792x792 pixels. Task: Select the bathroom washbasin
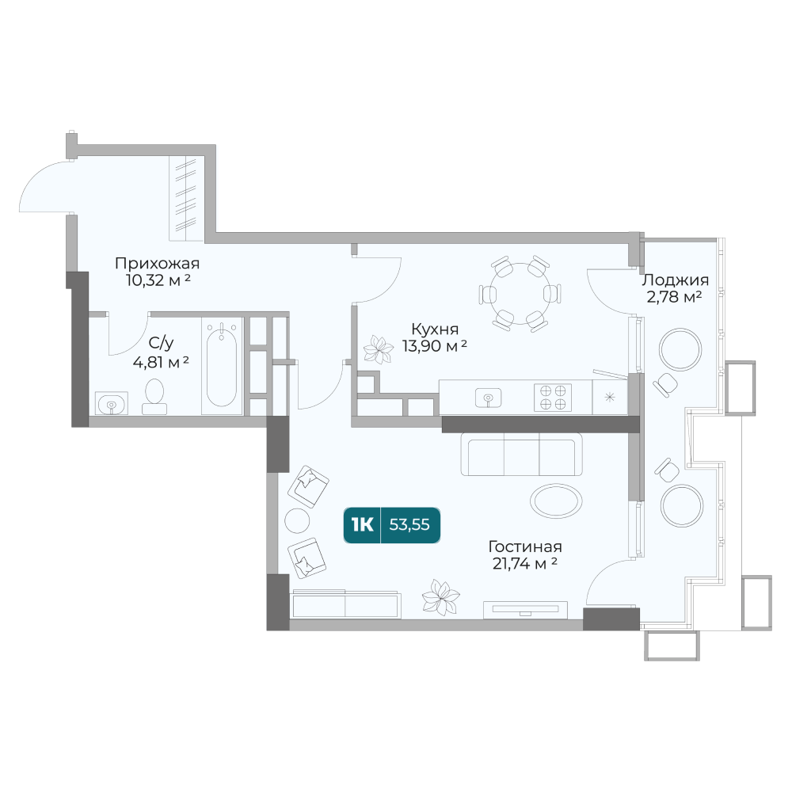coord(112,403)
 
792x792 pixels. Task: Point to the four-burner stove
coord(553,397)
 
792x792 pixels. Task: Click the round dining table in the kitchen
coord(520,293)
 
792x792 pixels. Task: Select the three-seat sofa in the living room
coord(521,454)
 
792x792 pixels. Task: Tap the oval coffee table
coord(556,501)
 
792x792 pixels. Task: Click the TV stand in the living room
coord(526,610)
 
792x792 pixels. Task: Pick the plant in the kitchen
coord(378,349)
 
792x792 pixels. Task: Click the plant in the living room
coord(440,597)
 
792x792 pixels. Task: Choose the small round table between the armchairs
coord(297,520)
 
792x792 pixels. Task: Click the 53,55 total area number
coord(409,525)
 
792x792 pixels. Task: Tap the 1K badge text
coord(362,525)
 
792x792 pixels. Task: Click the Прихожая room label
coord(157,264)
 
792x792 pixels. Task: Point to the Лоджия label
coord(675,280)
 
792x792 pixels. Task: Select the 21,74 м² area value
coord(525,563)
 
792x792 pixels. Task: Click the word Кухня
coord(435,329)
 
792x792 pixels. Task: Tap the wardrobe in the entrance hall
coord(186,199)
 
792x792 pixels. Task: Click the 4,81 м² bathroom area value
coord(161,362)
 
